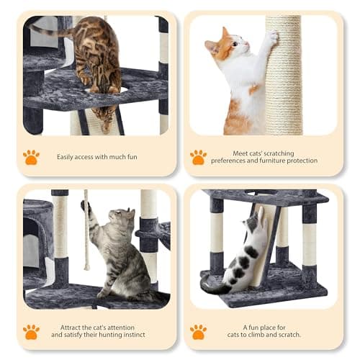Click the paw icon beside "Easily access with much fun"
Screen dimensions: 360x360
click(x=31, y=157)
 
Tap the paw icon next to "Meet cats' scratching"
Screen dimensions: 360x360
click(x=198, y=157)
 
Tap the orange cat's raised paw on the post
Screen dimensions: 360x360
click(x=273, y=36)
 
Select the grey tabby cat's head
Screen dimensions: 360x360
click(x=122, y=217)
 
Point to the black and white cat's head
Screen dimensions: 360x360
click(x=252, y=223)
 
